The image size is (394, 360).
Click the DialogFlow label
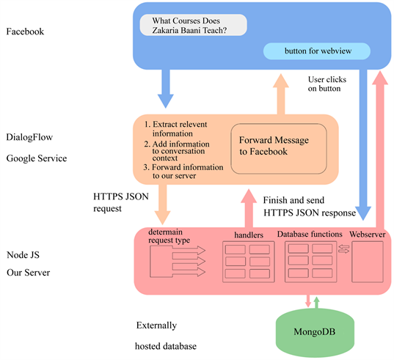point(29,136)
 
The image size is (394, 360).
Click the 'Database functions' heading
point(309,235)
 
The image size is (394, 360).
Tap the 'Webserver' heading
point(367,235)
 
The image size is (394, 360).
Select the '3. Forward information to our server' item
point(183,172)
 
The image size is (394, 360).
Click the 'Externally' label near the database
point(156,325)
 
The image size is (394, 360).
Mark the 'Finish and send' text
point(294,199)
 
